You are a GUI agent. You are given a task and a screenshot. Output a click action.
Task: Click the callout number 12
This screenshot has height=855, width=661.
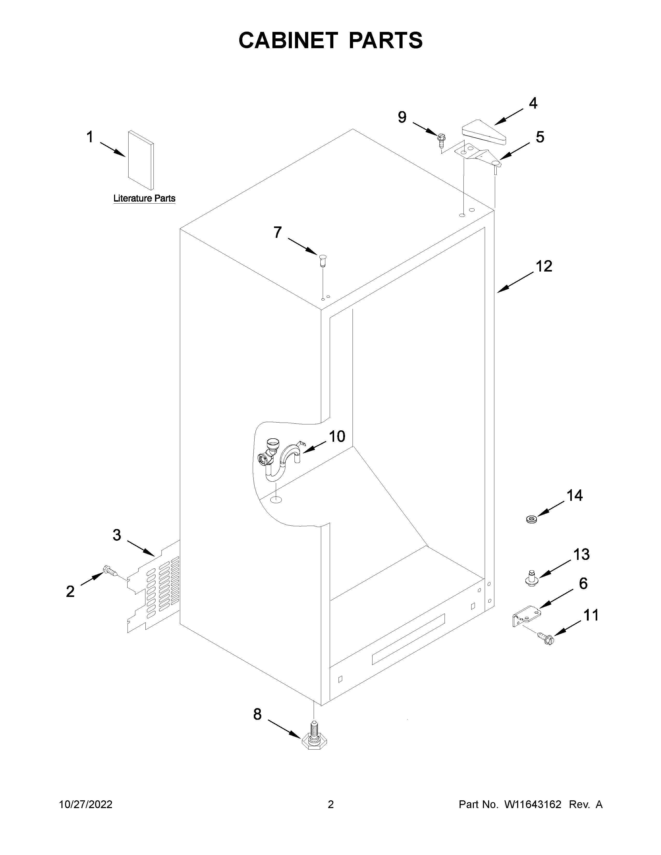tap(544, 266)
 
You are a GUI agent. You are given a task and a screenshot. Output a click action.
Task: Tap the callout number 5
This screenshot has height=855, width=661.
tap(540, 137)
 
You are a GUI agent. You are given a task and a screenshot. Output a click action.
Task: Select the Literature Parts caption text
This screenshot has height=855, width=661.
tap(144, 198)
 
